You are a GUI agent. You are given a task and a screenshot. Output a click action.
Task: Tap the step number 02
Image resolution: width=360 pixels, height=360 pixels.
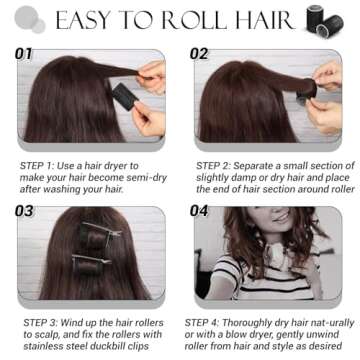click(199, 53)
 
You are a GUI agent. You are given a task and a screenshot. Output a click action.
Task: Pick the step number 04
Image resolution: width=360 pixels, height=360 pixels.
click(199, 211)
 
